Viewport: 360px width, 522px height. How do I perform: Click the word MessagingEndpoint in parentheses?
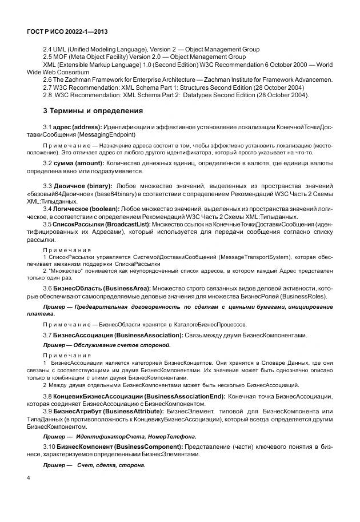click(107, 134)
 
